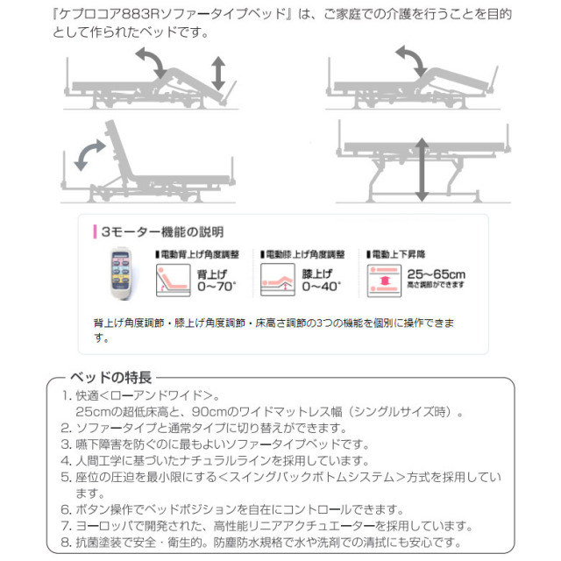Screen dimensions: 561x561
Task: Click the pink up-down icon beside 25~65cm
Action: coord(385,280)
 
